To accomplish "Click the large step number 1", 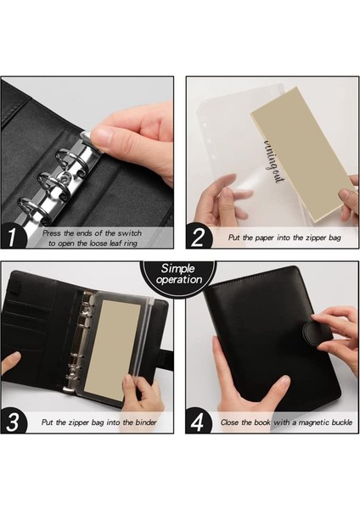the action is pyautogui.click(x=12, y=238).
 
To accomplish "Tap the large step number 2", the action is pyautogui.click(x=198, y=237).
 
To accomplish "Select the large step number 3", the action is pyautogui.click(x=13, y=422).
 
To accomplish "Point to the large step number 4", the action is pyautogui.click(x=198, y=422).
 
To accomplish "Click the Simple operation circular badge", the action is pyautogui.click(x=178, y=275).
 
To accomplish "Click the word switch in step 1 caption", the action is pyautogui.click(x=130, y=233).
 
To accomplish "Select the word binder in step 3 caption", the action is pyautogui.click(x=146, y=422).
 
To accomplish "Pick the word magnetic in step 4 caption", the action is pyautogui.click(x=313, y=422).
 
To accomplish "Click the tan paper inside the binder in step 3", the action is pyautogui.click(x=112, y=350).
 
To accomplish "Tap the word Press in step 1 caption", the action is pyautogui.click(x=52, y=233).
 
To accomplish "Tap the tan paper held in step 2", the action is pyautogui.click(x=302, y=155).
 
